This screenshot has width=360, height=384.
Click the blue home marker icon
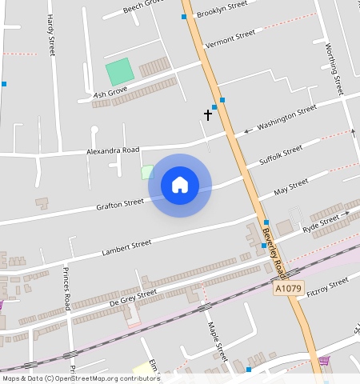tap(180, 186)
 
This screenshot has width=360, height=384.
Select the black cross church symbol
tap(208, 114)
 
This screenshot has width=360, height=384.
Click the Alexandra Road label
tap(113, 150)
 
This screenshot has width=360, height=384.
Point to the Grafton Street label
tap(120, 204)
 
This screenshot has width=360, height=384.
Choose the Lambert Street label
tap(126, 248)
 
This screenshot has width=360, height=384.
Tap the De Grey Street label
tap(133, 298)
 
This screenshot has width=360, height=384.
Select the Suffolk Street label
tap(282, 155)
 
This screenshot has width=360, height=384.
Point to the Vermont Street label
tap(230, 39)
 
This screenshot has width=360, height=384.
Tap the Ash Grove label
tap(111, 94)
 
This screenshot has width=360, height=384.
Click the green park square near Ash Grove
tap(119, 73)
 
